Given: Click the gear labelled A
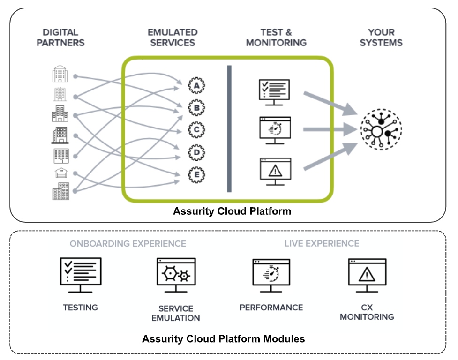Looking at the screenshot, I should [x=196, y=86].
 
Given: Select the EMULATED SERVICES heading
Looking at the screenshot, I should [x=173, y=37].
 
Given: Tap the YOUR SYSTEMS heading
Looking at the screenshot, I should [x=381, y=37].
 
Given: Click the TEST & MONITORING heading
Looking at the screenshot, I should [x=276, y=37].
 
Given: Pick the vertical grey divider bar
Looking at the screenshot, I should [x=229, y=128].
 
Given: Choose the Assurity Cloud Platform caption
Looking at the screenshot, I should [x=232, y=211].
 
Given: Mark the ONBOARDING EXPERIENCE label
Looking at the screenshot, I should [x=128, y=244].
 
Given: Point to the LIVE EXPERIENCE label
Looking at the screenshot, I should [x=322, y=244].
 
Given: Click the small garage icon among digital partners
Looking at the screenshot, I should [x=61, y=173].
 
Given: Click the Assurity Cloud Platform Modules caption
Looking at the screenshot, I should [x=224, y=338].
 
